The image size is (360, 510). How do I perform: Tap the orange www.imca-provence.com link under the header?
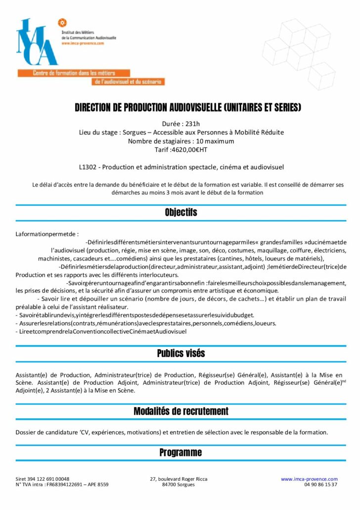[x=83, y=43]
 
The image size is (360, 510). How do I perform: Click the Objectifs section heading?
[x=180, y=212]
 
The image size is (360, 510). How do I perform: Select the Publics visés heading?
[x=180, y=354]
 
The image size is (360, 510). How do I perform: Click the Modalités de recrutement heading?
[x=180, y=411]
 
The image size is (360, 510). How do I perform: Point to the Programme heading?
[x=180, y=453]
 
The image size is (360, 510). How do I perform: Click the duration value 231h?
[x=191, y=124]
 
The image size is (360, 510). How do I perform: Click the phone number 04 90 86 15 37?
[x=321, y=485]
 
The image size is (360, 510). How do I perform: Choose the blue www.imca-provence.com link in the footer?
[x=309, y=479]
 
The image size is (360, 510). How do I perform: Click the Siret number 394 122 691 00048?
[x=49, y=479]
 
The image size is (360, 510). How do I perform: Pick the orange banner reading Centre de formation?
[x=74, y=73]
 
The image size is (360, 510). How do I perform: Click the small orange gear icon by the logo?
[x=62, y=22]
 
